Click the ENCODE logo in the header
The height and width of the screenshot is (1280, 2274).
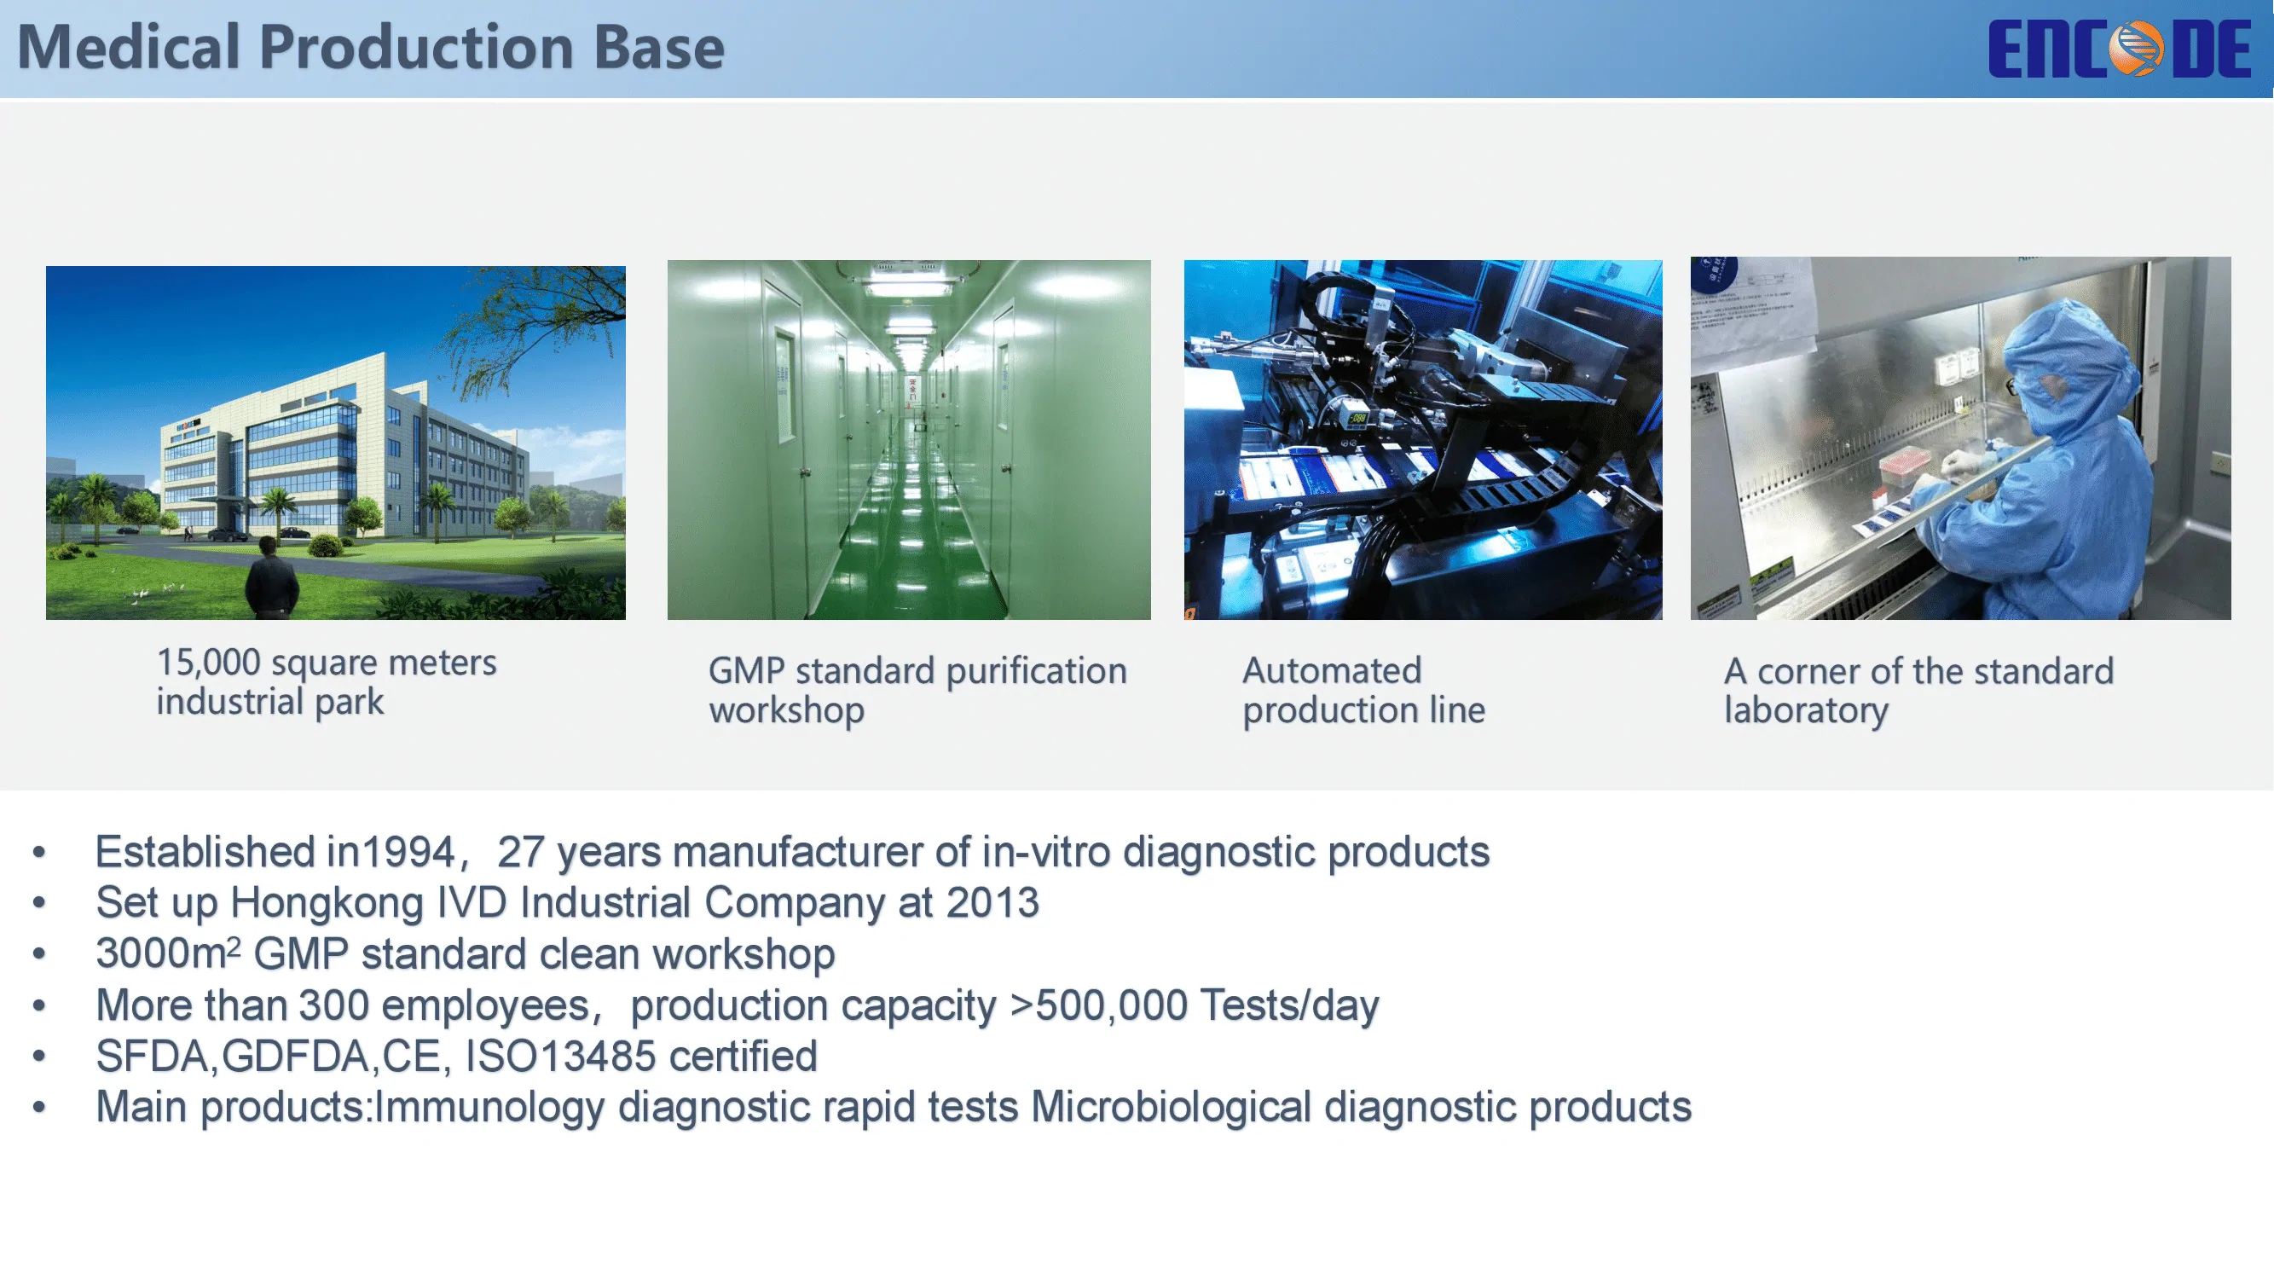pyautogui.click(x=2120, y=49)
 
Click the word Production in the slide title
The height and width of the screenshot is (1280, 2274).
pyautogui.click(x=417, y=47)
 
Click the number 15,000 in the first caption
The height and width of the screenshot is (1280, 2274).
pyautogui.click(x=208, y=662)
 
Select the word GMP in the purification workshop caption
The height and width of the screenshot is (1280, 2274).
pyautogui.click(x=746, y=671)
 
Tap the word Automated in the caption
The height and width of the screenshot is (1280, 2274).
pyautogui.click(x=1332, y=671)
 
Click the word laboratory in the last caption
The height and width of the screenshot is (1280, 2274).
pyautogui.click(x=1806, y=710)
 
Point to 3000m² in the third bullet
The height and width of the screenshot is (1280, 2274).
pyautogui.click(x=168, y=953)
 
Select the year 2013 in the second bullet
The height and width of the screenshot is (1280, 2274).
pyautogui.click(x=992, y=903)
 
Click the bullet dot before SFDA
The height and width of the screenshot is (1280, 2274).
pyautogui.click(x=39, y=1056)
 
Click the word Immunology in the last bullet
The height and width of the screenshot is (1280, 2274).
pyautogui.click(x=490, y=1108)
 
